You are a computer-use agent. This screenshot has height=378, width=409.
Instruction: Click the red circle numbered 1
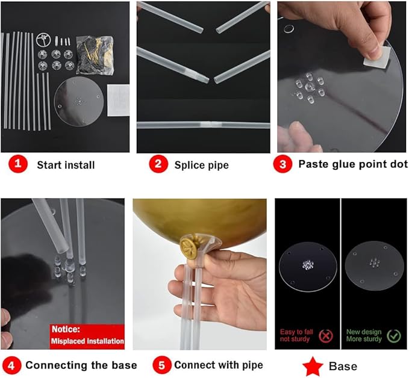coord(18,164)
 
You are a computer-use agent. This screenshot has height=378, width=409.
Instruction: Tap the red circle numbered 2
coord(158,164)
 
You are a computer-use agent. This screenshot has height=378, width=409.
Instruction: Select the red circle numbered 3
coord(283,164)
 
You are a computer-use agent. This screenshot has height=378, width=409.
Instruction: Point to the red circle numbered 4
coord(11,365)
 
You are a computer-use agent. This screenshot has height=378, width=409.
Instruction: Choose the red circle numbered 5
coord(161,365)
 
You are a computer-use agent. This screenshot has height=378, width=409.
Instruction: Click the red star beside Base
coord(313,367)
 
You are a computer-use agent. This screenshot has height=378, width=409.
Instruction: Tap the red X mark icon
coord(326,336)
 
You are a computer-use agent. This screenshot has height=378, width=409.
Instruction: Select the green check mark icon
coord(394,336)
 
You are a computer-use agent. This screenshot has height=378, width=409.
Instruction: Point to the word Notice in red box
coord(66,329)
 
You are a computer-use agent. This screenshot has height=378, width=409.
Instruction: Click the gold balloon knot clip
coord(189,247)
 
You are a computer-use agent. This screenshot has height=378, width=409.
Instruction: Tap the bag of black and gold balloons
coord(95,55)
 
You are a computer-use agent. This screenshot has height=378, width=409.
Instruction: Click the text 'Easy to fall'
coord(296,332)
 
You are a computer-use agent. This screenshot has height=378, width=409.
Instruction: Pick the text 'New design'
coord(364,332)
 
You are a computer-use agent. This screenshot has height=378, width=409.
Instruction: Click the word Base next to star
coord(343,367)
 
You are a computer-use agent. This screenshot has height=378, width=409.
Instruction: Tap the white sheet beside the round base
coord(118,100)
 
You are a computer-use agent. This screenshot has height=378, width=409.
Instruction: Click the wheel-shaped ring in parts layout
coord(43,40)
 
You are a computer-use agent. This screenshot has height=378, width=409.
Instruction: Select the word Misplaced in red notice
coord(68,341)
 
